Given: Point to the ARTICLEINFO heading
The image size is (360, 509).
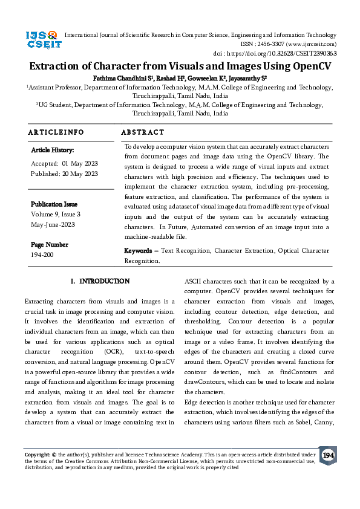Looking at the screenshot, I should click(56, 132).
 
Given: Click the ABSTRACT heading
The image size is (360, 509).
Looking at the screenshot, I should click(142, 132).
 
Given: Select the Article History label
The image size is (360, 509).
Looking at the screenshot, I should click(52, 150).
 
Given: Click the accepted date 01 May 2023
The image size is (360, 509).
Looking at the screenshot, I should click(79, 164).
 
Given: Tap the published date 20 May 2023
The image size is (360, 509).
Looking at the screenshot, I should click(79, 173).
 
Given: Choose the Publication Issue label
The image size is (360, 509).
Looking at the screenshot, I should click(54, 204).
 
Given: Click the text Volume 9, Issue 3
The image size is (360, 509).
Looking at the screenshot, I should click(55, 214).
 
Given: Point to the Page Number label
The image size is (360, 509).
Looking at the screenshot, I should click(49, 245).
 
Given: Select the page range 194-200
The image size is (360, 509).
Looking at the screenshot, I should click(41, 254).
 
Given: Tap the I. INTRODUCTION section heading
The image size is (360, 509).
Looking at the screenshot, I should click(100, 282).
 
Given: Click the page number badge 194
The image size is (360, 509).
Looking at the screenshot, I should click(327, 455).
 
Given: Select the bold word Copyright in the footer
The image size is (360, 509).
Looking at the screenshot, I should click(38, 454).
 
